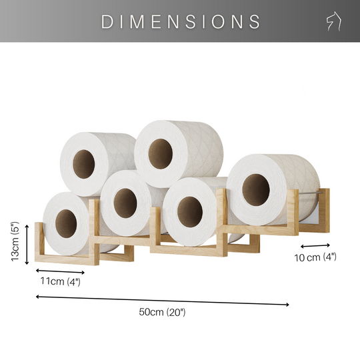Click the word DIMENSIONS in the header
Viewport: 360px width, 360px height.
(180, 21)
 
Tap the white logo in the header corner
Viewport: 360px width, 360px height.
(333, 21)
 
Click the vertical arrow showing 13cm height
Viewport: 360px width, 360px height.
(27, 244)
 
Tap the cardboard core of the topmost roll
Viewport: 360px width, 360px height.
(160, 153)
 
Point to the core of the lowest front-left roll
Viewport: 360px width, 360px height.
(65, 220)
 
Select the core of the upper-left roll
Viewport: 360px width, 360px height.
(83, 164)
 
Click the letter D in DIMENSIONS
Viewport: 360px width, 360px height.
(107, 21)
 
